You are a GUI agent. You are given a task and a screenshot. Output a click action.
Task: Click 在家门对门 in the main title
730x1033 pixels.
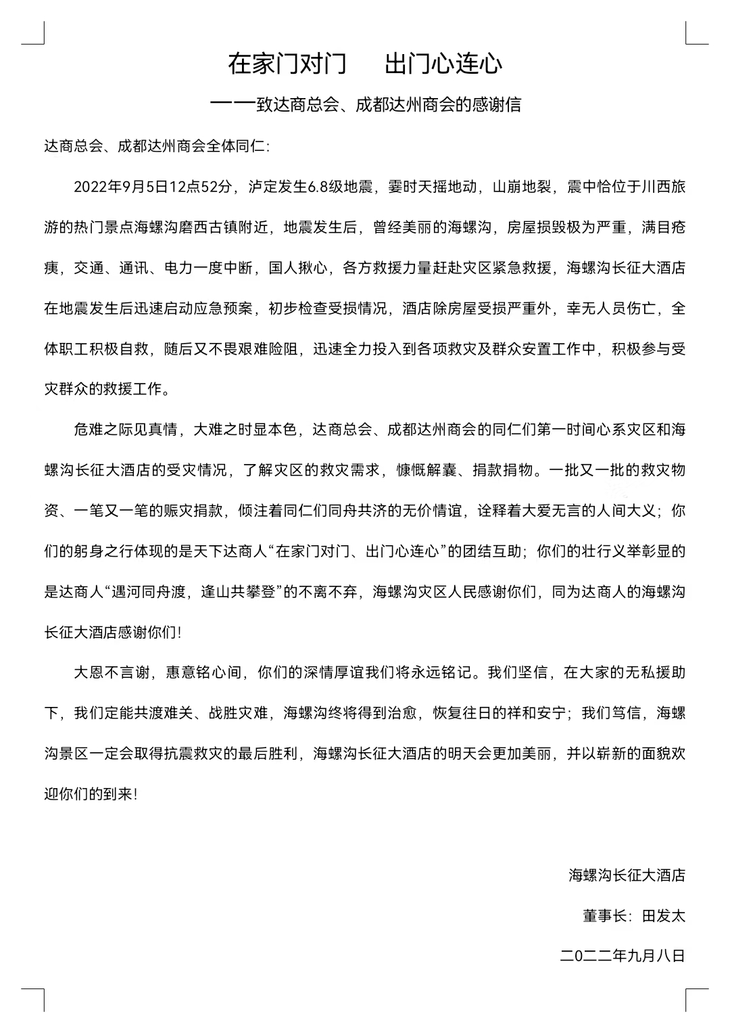(x=287, y=64)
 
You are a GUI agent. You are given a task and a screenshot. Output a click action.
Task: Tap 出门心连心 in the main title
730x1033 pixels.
(x=443, y=64)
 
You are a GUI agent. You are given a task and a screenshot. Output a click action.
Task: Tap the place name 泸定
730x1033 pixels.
(x=264, y=187)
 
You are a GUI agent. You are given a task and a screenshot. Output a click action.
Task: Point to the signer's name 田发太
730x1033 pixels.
(x=663, y=916)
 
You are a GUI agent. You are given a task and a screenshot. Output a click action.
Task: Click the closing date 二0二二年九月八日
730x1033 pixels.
(x=623, y=956)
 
